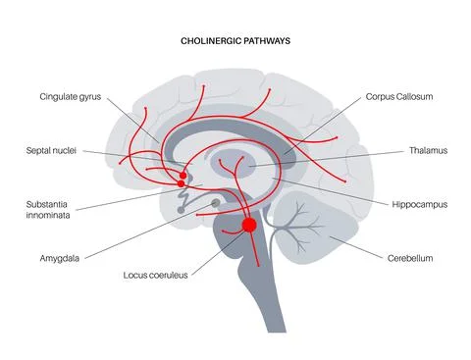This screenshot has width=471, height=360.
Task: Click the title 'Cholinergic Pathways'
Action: pyautogui.click(x=235, y=43)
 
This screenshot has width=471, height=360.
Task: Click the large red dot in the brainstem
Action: pyautogui.click(x=249, y=226)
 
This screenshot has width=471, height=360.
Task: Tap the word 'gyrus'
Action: pyautogui.click(x=90, y=98)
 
